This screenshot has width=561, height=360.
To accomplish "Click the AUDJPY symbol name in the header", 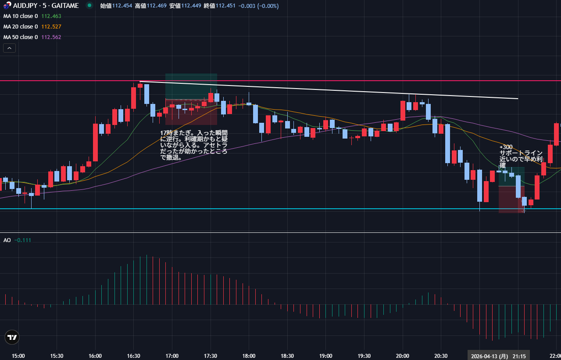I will pyautogui.click(x=27, y=6).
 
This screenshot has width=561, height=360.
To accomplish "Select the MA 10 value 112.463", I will pyautogui.click(x=51, y=16).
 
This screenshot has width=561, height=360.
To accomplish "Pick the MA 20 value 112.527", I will pyautogui.click(x=51, y=27).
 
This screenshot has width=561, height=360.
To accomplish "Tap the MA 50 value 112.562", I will pyautogui.click(x=51, y=37).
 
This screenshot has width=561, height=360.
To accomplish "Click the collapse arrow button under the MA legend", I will pyautogui.click(x=9, y=48).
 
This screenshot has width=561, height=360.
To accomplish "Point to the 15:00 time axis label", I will pyautogui.click(x=18, y=356).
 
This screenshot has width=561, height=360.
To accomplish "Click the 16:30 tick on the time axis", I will pyautogui.click(x=133, y=356).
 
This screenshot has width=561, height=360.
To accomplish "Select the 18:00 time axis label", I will pyautogui.click(x=249, y=356).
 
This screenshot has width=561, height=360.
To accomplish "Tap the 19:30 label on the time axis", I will pyautogui.click(x=364, y=356).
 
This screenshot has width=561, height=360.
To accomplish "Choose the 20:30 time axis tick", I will pyautogui.click(x=441, y=356).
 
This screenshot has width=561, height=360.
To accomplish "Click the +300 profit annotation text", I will pyautogui.click(x=506, y=147).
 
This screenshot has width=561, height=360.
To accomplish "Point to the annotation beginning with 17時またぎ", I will pyautogui.click(x=194, y=145).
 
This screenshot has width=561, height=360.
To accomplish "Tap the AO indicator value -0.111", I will pyautogui.click(x=23, y=240).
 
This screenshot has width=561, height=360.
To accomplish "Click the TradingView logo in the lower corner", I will pyautogui.click(x=12, y=337).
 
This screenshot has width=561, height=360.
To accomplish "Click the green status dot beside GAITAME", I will pyautogui.click(x=89, y=6).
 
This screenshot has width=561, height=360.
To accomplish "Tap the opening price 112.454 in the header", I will pyautogui.click(x=122, y=6).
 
